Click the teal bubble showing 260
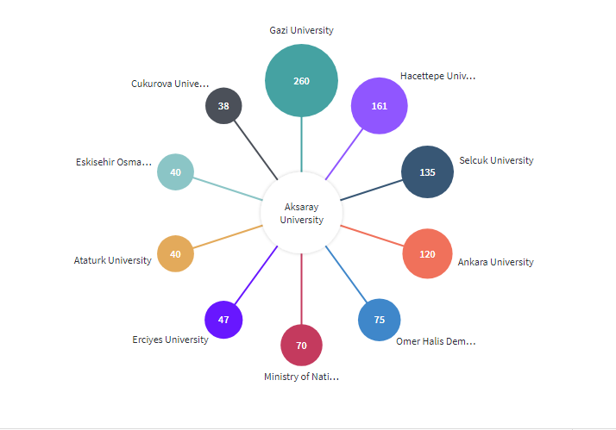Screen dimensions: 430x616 click(x=301, y=81)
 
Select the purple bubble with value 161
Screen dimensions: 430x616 click(x=379, y=106)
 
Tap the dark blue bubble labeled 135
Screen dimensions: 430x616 click(x=427, y=171)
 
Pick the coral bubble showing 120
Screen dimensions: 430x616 click(x=427, y=254)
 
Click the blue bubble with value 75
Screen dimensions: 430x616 click(x=379, y=320)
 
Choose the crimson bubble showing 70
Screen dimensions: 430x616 click(x=301, y=346)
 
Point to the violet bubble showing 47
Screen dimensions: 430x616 click(x=223, y=320)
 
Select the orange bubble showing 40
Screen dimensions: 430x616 click(x=175, y=254)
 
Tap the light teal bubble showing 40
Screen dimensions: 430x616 click(x=175, y=171)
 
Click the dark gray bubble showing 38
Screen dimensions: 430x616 click(x=223, y=106)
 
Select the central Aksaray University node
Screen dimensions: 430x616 click(x=301, y=213)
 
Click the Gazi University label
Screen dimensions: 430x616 click(x=301, y=30)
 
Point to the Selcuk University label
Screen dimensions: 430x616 click(x=496, y=160)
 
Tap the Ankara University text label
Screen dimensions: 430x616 click(x=495, y=262)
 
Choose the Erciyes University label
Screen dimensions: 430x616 click(x=170, y=340)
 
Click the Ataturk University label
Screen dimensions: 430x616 click(x=113, y=260)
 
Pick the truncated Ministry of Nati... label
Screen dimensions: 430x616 click(x=301, y=377)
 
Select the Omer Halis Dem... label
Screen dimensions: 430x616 click(x=435, y=341)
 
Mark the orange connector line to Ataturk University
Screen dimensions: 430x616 click(x=228, y=237)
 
